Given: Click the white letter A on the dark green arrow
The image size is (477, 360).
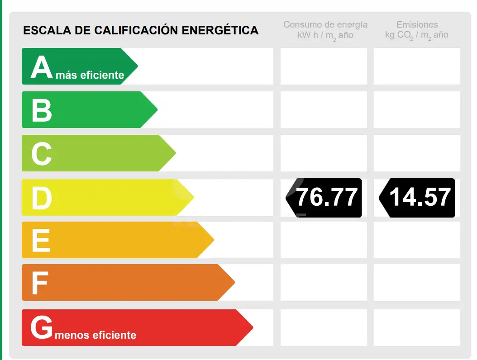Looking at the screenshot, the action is tap(42, 67).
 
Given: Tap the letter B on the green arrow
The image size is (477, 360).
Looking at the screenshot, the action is tap(42, 110).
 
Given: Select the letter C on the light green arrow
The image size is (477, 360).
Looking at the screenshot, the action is tap(41, 154).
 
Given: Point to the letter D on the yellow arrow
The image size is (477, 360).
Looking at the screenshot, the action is tap(42, 198).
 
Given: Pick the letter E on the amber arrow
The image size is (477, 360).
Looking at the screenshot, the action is tap(41, 240).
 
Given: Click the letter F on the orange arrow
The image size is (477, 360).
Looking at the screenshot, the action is tap(40, 284).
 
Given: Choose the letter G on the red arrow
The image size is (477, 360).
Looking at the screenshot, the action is tap(42, 327).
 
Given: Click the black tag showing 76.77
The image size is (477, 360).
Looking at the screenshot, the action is tap(324, 198).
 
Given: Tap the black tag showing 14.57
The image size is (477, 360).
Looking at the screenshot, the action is tap(417, 198).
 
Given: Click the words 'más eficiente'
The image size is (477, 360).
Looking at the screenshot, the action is tap(90, 75).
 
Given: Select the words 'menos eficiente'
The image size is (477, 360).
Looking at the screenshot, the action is tap(95, 335).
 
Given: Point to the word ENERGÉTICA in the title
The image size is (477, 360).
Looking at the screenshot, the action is tap(220, 30).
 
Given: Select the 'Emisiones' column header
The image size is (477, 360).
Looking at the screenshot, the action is tap(417, 24).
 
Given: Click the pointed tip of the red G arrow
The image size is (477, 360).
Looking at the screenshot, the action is tap(253, 327).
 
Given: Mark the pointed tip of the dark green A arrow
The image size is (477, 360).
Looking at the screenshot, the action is tap(138, 66).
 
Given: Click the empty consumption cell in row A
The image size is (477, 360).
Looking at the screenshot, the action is tap(324, 66).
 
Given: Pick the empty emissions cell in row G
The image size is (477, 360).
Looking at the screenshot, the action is tap(417, 327).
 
